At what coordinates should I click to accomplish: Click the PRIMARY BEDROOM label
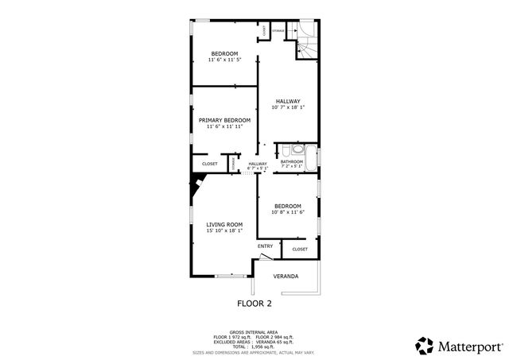point(223,120)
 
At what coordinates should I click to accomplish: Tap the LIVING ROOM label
point(224,225)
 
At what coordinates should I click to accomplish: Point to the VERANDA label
point(286,277)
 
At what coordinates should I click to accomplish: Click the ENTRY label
point(265,246)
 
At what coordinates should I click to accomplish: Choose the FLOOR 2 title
point(254,304)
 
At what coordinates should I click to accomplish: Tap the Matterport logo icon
point(425,346)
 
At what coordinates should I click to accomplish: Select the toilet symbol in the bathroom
point(297,149)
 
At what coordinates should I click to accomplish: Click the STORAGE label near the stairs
point(278,30)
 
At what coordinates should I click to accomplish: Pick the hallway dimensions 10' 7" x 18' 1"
point(288,107)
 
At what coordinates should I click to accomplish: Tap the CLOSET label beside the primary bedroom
point(210,164)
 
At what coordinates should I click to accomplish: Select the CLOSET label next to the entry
point(300,250)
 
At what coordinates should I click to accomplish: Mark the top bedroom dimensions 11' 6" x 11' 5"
point(223,60)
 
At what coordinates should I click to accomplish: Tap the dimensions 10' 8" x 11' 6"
point(287,212)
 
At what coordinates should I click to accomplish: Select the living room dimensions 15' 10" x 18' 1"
point(224,231)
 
